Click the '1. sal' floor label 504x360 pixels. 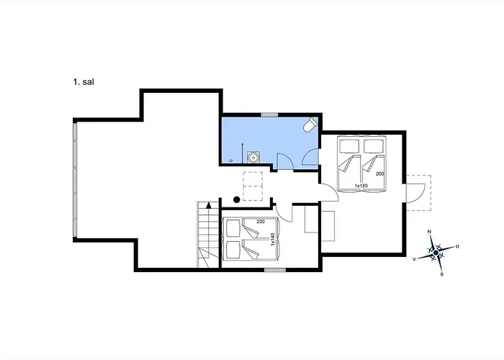tap(84, 81)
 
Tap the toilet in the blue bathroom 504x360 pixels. tap(310, 125)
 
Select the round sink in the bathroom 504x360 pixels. tap(253, 158)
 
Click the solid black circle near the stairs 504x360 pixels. tap(237, 200)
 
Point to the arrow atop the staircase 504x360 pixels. tap(209, 205)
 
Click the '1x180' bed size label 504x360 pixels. tap(361, 186)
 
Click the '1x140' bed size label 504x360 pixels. tap(273, 240)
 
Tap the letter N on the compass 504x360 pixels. tap(429, 231)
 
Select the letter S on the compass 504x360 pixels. tap(441, 274)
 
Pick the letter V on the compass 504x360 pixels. tap(415, 259)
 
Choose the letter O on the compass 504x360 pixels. tap(457, 246)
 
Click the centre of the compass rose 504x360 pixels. tap(436, 253)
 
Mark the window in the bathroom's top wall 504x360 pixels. tap(269, 114)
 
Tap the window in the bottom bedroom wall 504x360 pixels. tap(275, 270)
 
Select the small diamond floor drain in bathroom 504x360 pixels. tap(231, 161)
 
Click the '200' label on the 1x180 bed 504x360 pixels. tap(380, 174)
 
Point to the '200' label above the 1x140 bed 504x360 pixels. tap(261, 222)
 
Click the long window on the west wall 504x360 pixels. tap(75, 180)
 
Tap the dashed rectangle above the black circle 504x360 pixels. tap(253, 186)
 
